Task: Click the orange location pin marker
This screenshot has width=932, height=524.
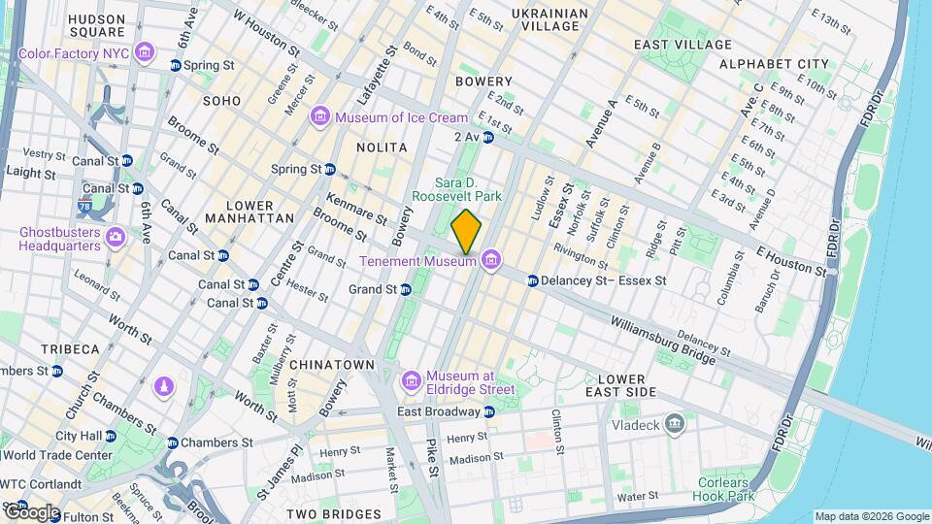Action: pos(466,232)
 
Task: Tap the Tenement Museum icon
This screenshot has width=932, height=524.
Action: pos(491,260)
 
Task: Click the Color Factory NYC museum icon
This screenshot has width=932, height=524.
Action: pos(146,51)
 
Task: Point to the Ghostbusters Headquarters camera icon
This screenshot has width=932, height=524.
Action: pos(116,237)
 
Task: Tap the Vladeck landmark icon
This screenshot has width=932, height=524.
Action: pos(675,424)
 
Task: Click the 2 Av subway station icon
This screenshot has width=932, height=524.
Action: pos(488,138)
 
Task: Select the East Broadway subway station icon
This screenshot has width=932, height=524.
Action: pos(488,412)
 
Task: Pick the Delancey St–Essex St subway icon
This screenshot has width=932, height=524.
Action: pos(533,281)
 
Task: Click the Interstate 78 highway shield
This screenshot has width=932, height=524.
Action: pos(86,207)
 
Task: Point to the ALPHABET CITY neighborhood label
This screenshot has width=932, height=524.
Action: pos(774,64)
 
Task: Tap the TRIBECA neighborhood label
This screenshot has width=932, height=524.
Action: pos(70,348)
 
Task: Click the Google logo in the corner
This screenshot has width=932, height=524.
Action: pos(31,511)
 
